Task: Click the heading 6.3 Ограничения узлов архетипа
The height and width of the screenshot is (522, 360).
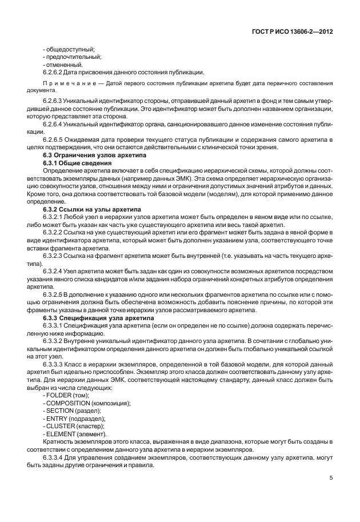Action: pyautogui.click(x=95, y=156)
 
